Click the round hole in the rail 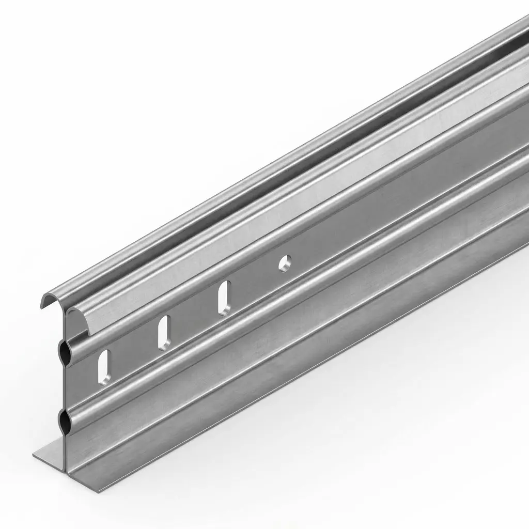coord(285,262)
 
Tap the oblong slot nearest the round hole coord(224,297)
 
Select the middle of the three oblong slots coord(164,332)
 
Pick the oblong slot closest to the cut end coord(104,366)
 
